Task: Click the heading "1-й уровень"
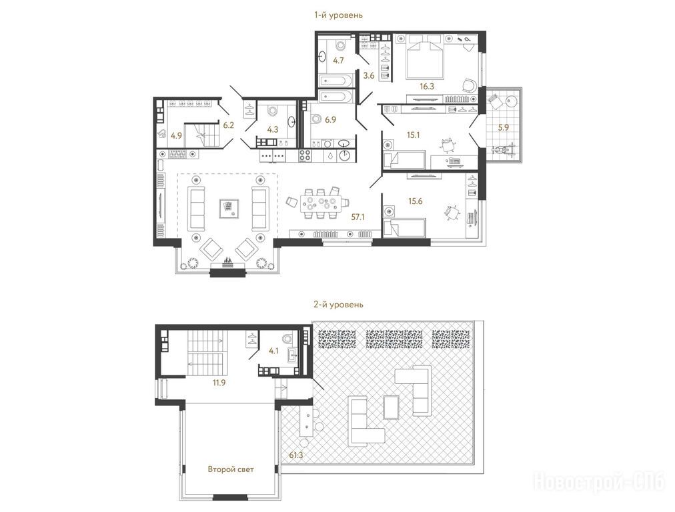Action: click(x=338, y=15)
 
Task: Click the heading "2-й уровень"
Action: click(x=338, y=305)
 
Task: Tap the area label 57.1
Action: click(x=358, y=217)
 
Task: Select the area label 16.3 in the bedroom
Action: click(x=427, y=87)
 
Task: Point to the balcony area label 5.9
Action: click(x=503, y=127)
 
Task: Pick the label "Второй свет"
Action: click(x=231, y=469)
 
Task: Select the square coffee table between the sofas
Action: click(x=229, y=208)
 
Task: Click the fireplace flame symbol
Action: click(x=229, y=261)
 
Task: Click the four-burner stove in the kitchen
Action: click(x=305, y=155)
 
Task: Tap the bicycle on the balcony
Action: click(x=504, y=151)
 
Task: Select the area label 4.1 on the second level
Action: click(x=273, y=351)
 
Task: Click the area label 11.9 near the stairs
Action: click(x=219, y=383)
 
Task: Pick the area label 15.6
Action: click(x=415, y=201)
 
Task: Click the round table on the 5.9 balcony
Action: click(x=512, y=101)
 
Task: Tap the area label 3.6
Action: click(x=368, y=76)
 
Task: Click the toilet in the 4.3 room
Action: click(x=273, y=111)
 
